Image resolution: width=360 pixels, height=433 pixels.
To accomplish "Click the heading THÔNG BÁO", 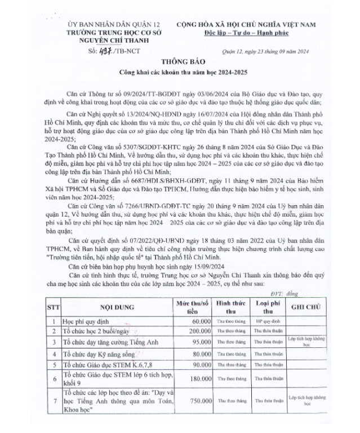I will (180, 62).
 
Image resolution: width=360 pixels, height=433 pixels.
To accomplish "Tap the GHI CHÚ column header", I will (306, 307).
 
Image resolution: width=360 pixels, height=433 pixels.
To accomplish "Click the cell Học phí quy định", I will (88, 321).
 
